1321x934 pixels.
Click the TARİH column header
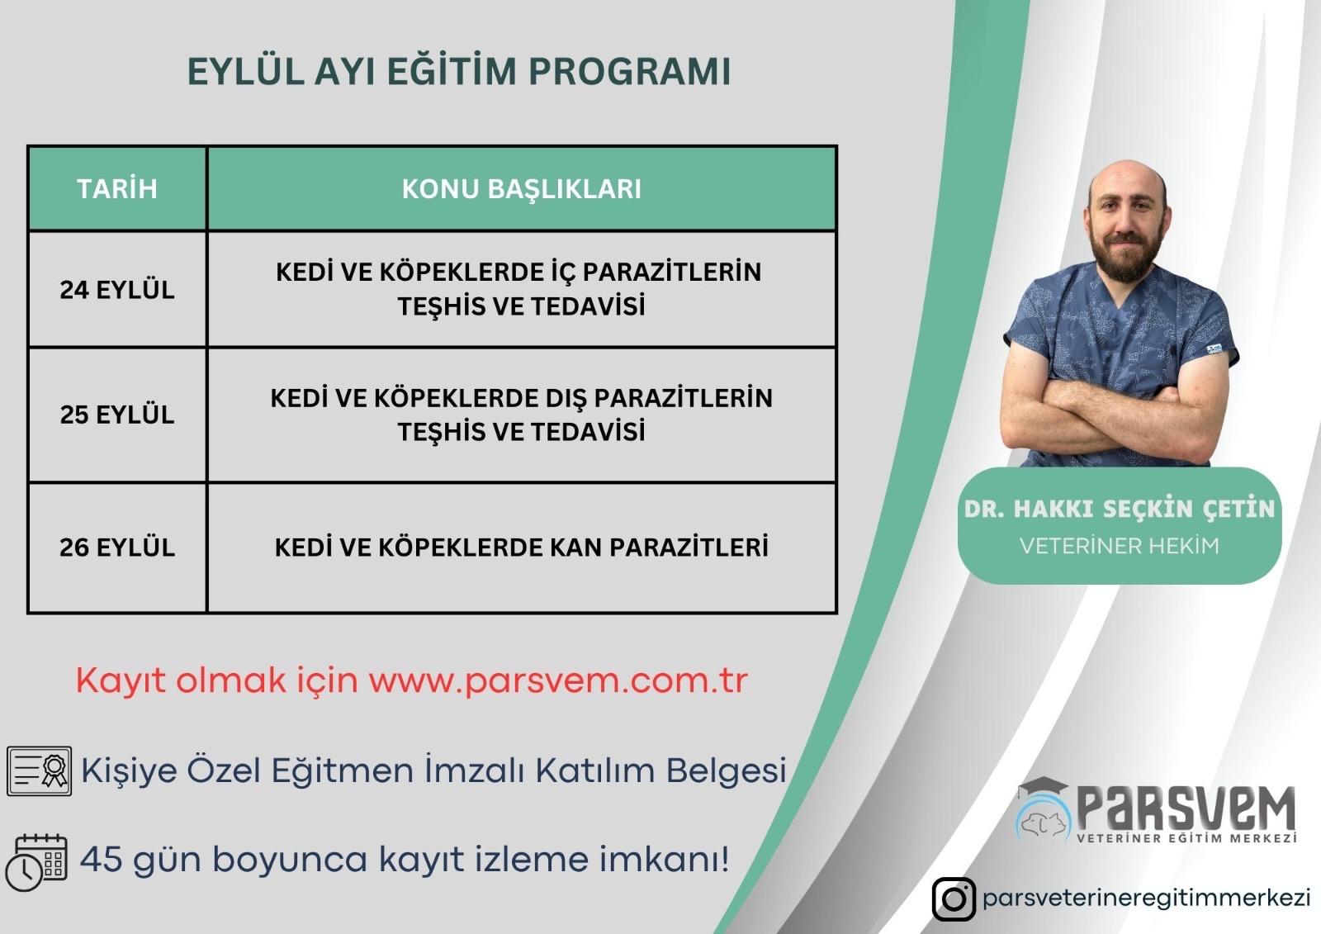(116, 189)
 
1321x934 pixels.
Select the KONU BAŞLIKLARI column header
(521, 189)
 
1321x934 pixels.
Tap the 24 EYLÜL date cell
(116, 290)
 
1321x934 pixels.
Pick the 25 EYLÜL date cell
(116, 415)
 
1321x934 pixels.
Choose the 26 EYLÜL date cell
(116, 547)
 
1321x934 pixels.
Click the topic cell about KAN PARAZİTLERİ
(521, 547)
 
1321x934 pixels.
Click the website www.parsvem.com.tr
(558, 680)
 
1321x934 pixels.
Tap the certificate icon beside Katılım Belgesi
(39, 770)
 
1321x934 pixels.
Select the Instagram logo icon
(954, 898)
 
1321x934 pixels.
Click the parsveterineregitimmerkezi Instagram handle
(1147, 898)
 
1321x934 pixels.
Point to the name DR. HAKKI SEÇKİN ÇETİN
(1119, 509)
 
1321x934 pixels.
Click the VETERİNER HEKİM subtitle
(1119, 546)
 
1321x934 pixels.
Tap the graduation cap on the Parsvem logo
(1042, 789)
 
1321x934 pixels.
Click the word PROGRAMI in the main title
(629, 71)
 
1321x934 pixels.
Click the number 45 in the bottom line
(102, 859)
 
